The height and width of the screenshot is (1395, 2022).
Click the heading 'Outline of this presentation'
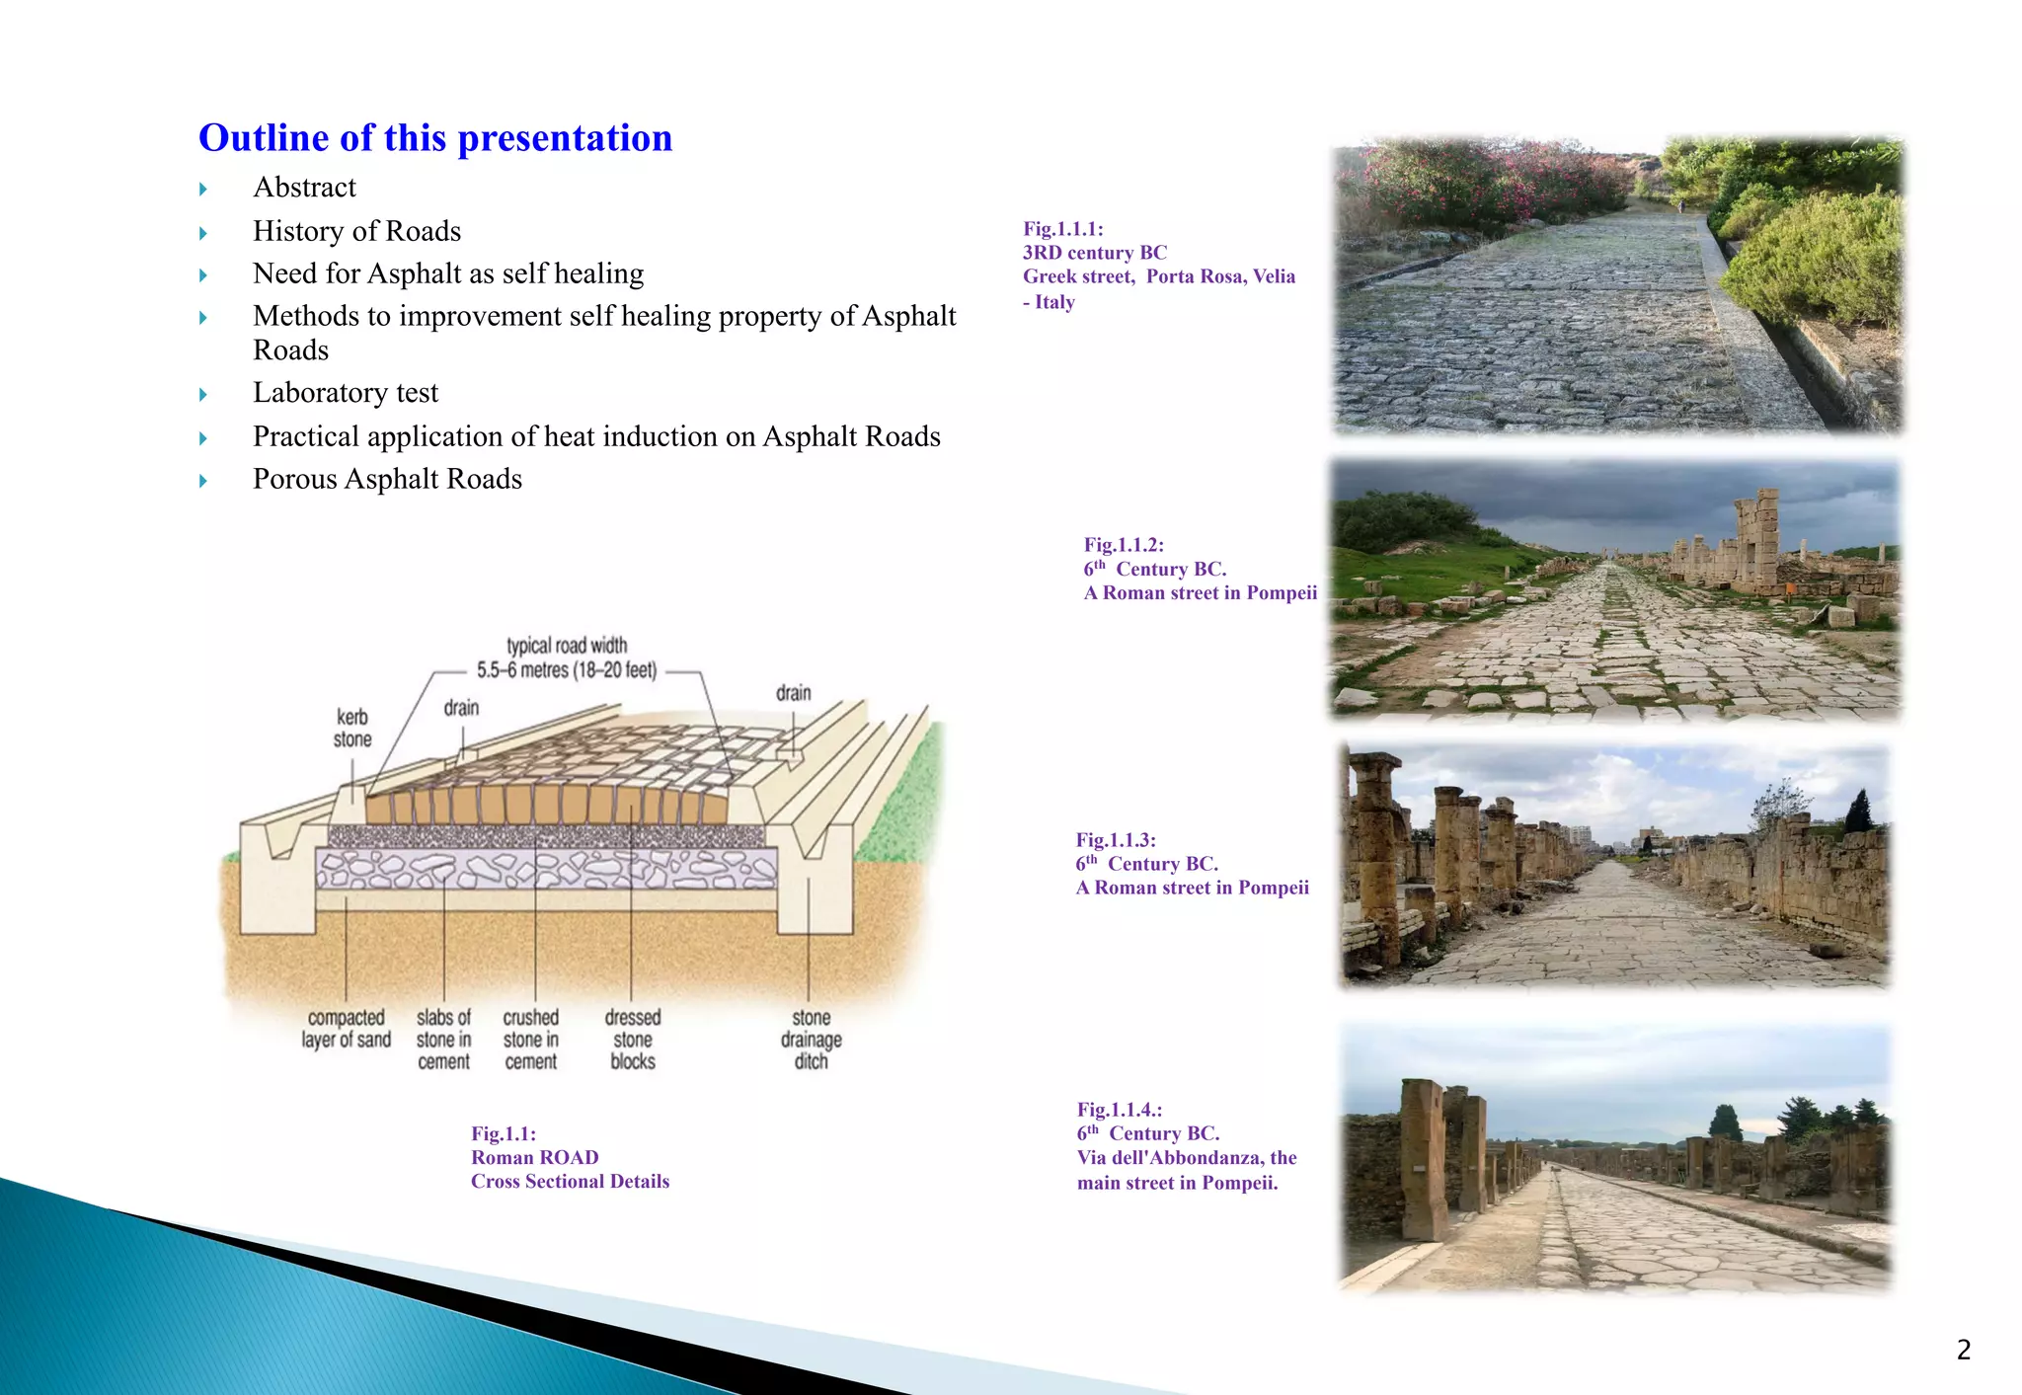(x=435, y=138)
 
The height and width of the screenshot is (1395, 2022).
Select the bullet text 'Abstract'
(x=304, y=188)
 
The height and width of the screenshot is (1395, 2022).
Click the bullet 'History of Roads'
(x=356, y=231)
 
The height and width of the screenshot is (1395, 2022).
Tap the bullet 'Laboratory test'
(x=346, y=393)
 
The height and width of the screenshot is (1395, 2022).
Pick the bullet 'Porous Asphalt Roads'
(x=387, y=479)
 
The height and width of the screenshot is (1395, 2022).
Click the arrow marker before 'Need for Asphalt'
(x=203, y=275)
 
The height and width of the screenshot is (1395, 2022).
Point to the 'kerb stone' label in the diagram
(x=352, y=728)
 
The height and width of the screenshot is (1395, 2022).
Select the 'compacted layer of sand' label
(x=346, y=1029)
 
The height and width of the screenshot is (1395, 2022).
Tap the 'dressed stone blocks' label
(x=633, y=1039)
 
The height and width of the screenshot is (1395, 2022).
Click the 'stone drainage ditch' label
(x=811, y=1039)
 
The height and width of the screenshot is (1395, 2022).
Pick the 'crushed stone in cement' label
(x=531, y=1039)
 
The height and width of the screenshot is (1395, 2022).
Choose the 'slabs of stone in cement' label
(x=443, y=1039)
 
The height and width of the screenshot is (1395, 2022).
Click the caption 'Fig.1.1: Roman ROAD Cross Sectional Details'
(x=570, y=1157)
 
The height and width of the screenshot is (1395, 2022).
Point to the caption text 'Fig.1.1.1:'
(x=1062, y=229)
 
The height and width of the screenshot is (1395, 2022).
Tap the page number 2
(x=1963, y=1350)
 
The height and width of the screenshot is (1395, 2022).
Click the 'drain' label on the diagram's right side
(x=793, y=693)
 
